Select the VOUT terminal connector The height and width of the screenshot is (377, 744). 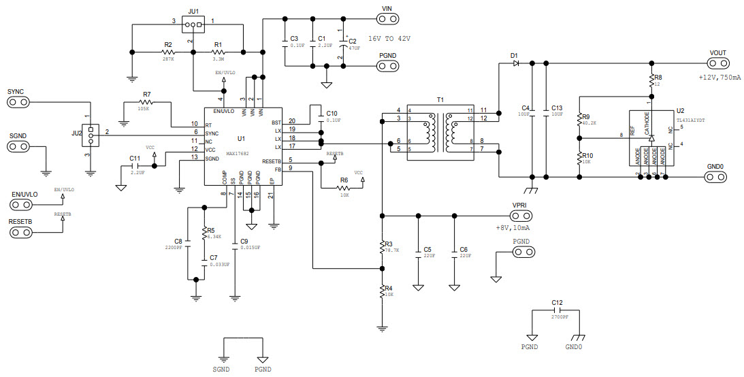pyautogui.click(x=717, y=63)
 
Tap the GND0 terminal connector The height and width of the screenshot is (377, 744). pyautogui.click(x=715, y=177)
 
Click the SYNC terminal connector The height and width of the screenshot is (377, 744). pyautogui.click(x=19, y=102)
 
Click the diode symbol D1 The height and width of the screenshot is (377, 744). pyautogui.click(x=515, y=63)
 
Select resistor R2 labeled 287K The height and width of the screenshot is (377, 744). pyautogui.click(x=167, y=52)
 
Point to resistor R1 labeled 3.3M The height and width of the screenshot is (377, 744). pyautogui.click(x=219, y=52)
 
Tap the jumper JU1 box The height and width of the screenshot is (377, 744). pyautogui.click(x=195, y=24)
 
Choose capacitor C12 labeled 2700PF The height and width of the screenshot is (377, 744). pyautogui.click(x=557, y=309)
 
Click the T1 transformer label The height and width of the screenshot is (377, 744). pyautogui.click(x=440, y=99)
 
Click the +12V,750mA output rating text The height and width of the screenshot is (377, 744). pyautogui.click(x=717, y=78)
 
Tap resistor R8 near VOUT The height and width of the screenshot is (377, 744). pyautogui.click(x=651, y=79)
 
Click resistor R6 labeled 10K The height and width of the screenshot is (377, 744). pyautogui.click(x=344, y=188)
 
